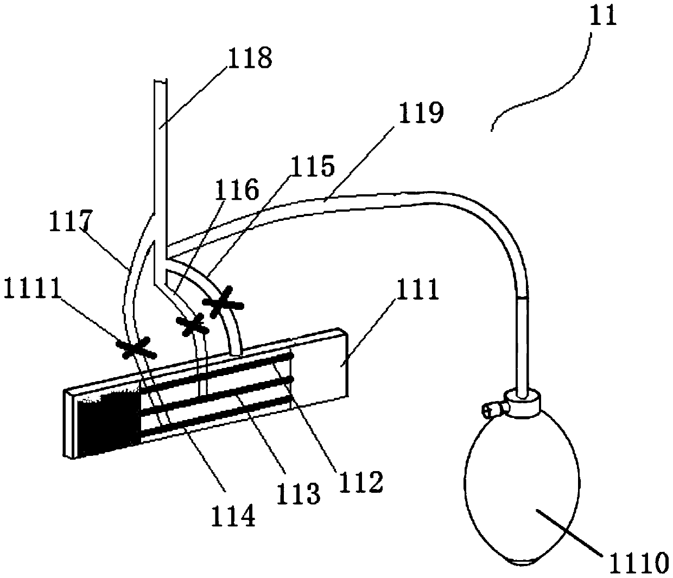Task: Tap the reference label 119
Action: (421, 113)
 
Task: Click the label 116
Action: (237, 192)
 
